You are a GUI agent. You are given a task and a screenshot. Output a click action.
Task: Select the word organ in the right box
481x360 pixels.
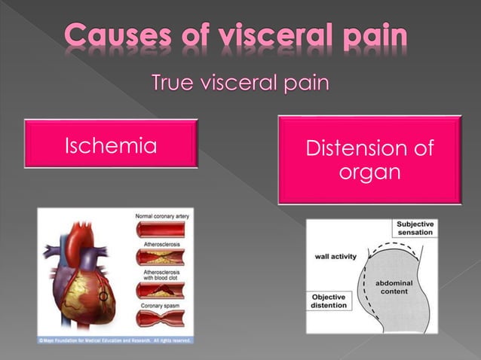[369, 172]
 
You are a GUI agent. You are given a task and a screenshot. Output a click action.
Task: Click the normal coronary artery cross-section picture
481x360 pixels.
[161, 229]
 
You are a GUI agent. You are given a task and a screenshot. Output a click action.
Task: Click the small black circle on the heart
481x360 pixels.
[103, 297]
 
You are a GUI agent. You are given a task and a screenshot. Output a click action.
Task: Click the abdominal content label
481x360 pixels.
[397, 287]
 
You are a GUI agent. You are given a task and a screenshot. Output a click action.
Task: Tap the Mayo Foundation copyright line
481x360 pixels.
[113, 340]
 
